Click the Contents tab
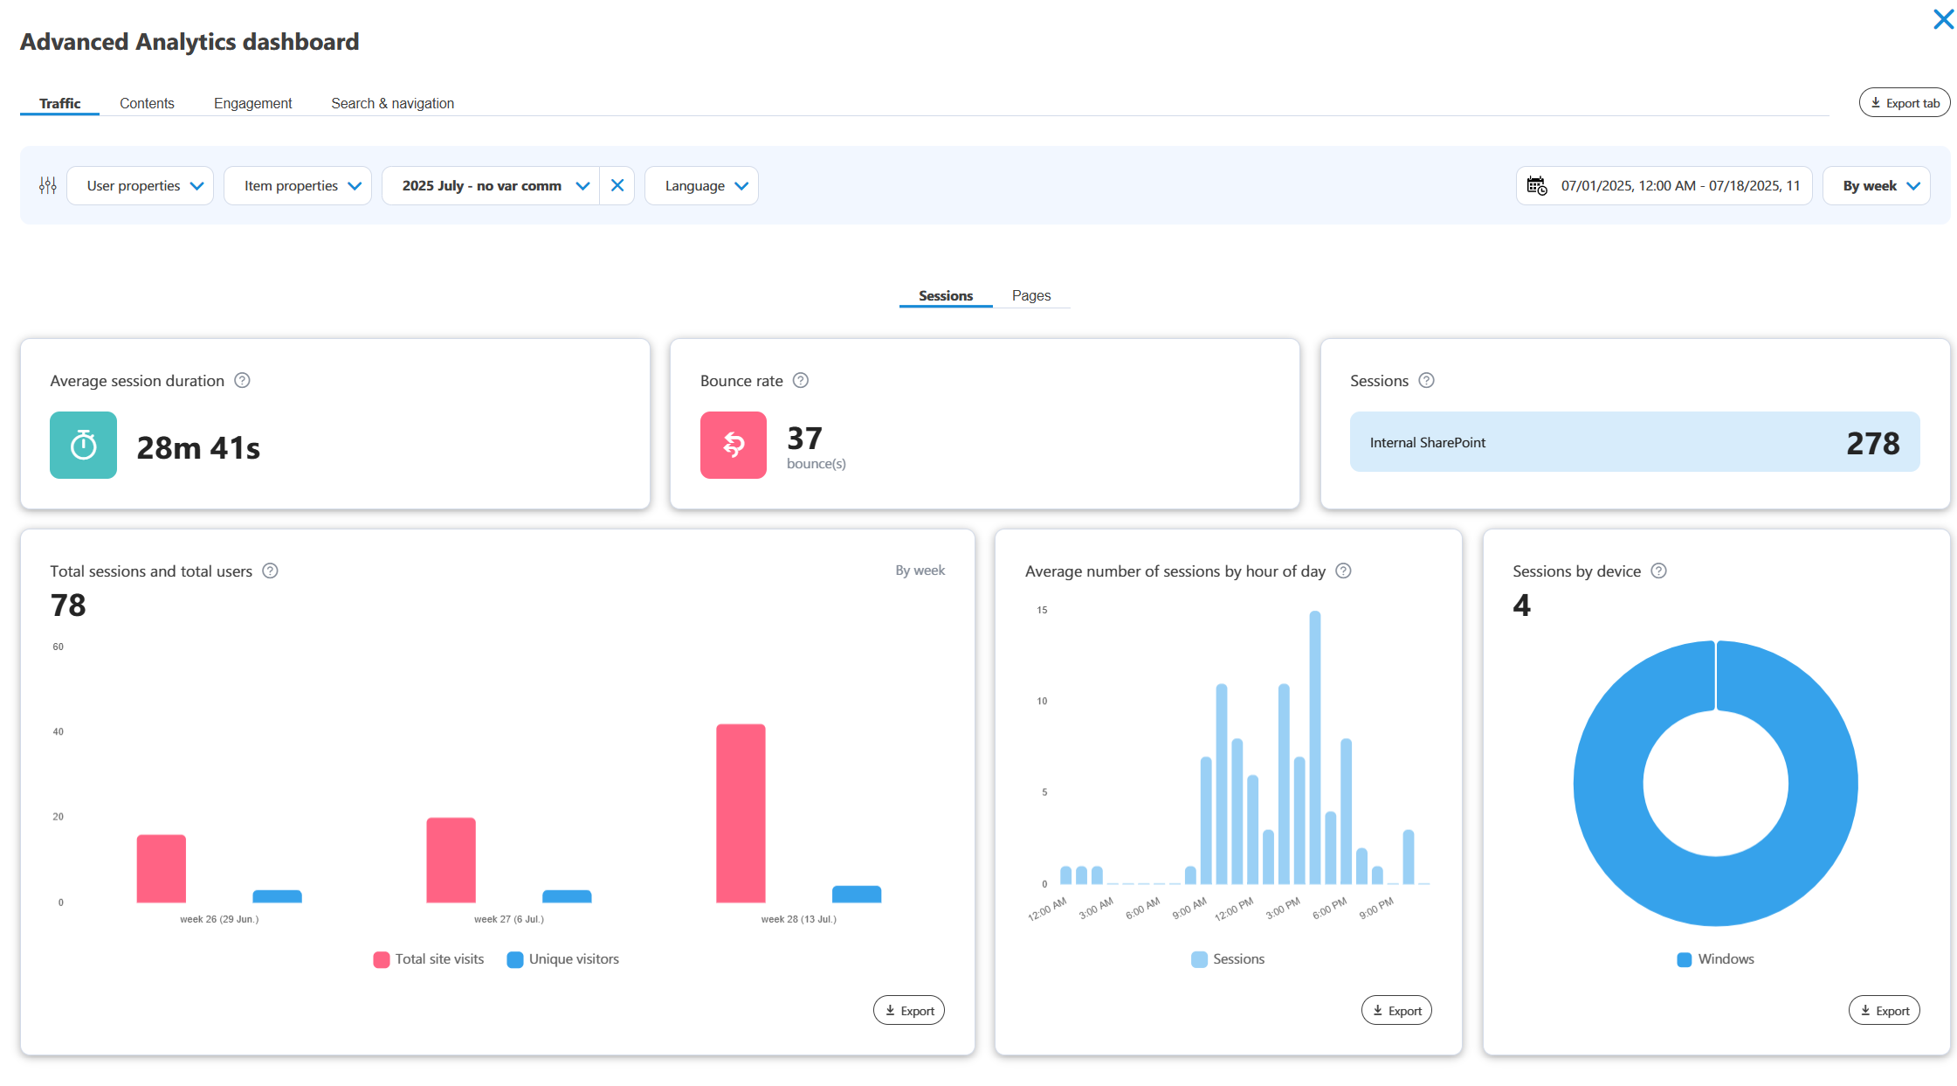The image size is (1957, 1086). (147, 103)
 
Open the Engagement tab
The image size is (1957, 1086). (252, 103)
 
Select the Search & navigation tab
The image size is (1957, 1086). (392, 103)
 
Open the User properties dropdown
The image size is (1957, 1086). (140, 186)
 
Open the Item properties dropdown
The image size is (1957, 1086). (298, 186)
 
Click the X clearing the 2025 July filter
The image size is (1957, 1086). (617, 186)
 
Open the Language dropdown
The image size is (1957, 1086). (701, 186)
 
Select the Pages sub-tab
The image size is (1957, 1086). (1030, 295)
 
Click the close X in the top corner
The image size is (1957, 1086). (1943, 19)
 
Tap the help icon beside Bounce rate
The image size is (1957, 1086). (801, 380)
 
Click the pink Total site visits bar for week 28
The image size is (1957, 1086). (741, 813)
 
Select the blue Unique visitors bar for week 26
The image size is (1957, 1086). (277, 896)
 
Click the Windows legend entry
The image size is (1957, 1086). (1716, 959)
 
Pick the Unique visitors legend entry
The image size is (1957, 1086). (563, 959)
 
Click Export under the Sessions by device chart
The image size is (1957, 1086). (1884, 1011)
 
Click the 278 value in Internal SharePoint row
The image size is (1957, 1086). (1872, 443)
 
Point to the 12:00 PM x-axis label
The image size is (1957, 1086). (1234, 910)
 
